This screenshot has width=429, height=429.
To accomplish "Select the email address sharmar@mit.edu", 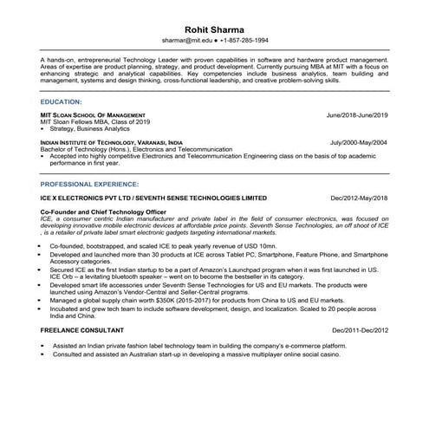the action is coord(185,41).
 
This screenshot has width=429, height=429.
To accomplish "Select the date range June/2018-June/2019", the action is coord(356,114).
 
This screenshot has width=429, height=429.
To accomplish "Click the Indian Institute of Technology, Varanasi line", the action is coord(112,141).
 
